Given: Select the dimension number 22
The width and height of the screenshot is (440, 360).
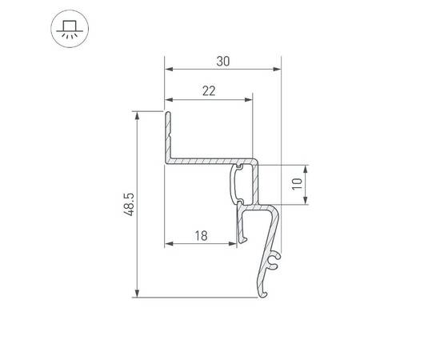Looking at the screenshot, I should (x=209, y=91).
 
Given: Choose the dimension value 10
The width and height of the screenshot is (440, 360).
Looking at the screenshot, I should (x=297, y=184).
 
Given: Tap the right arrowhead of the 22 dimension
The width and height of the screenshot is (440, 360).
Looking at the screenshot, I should (x=249, y=101).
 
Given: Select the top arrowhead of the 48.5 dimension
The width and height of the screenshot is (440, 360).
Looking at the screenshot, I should (x=138, y=115).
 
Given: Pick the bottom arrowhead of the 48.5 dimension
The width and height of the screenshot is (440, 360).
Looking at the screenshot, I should (x=138, y=294).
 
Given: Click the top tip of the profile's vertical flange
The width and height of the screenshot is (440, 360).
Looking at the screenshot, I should (x=168, y=114).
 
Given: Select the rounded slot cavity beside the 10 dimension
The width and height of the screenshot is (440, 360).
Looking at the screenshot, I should (x=240, y=184).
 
